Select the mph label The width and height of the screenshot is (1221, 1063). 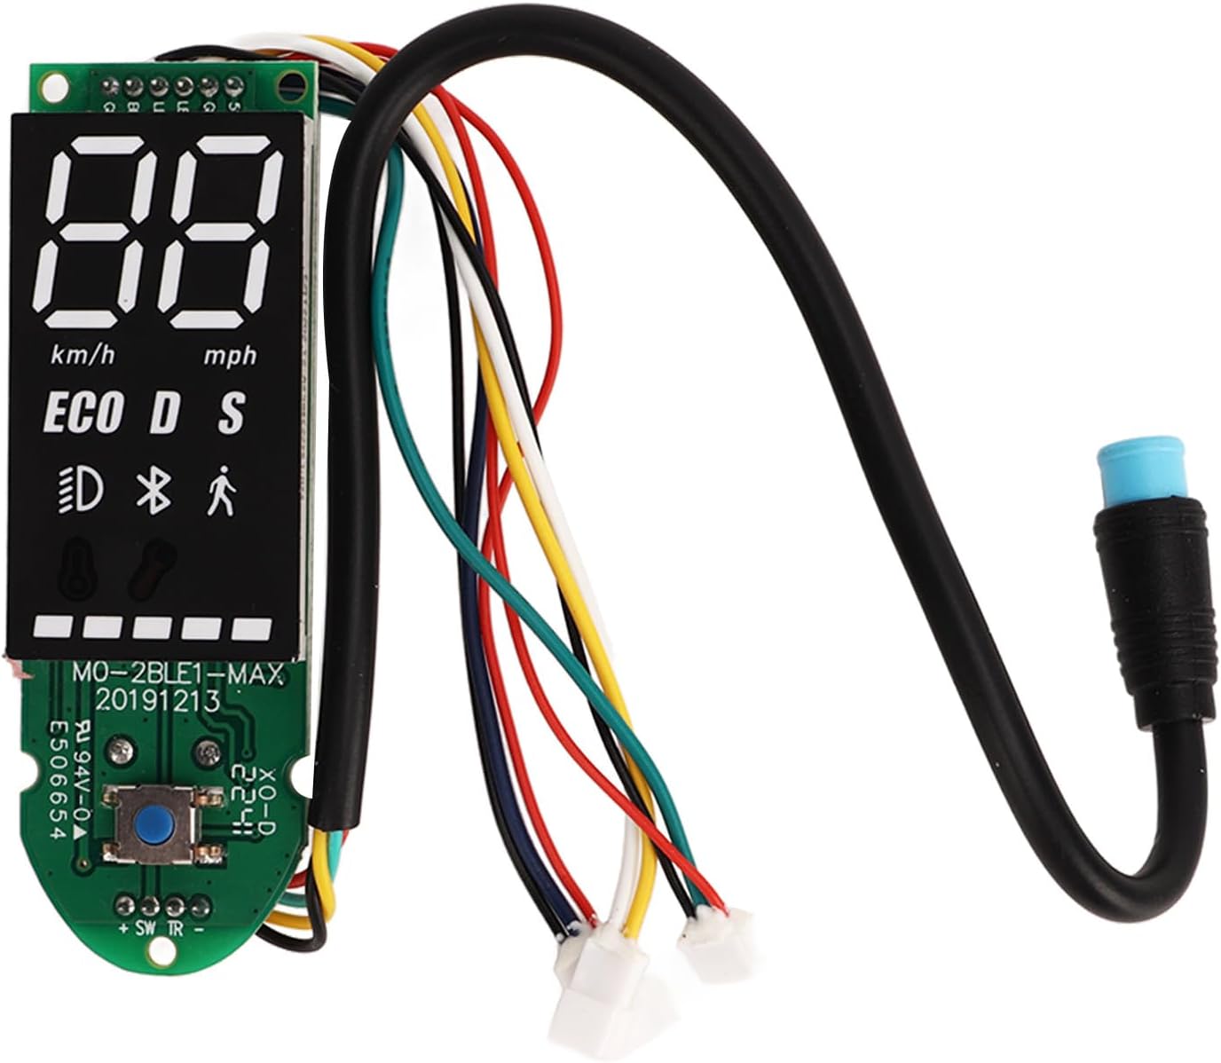click(x=231, y=356)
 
